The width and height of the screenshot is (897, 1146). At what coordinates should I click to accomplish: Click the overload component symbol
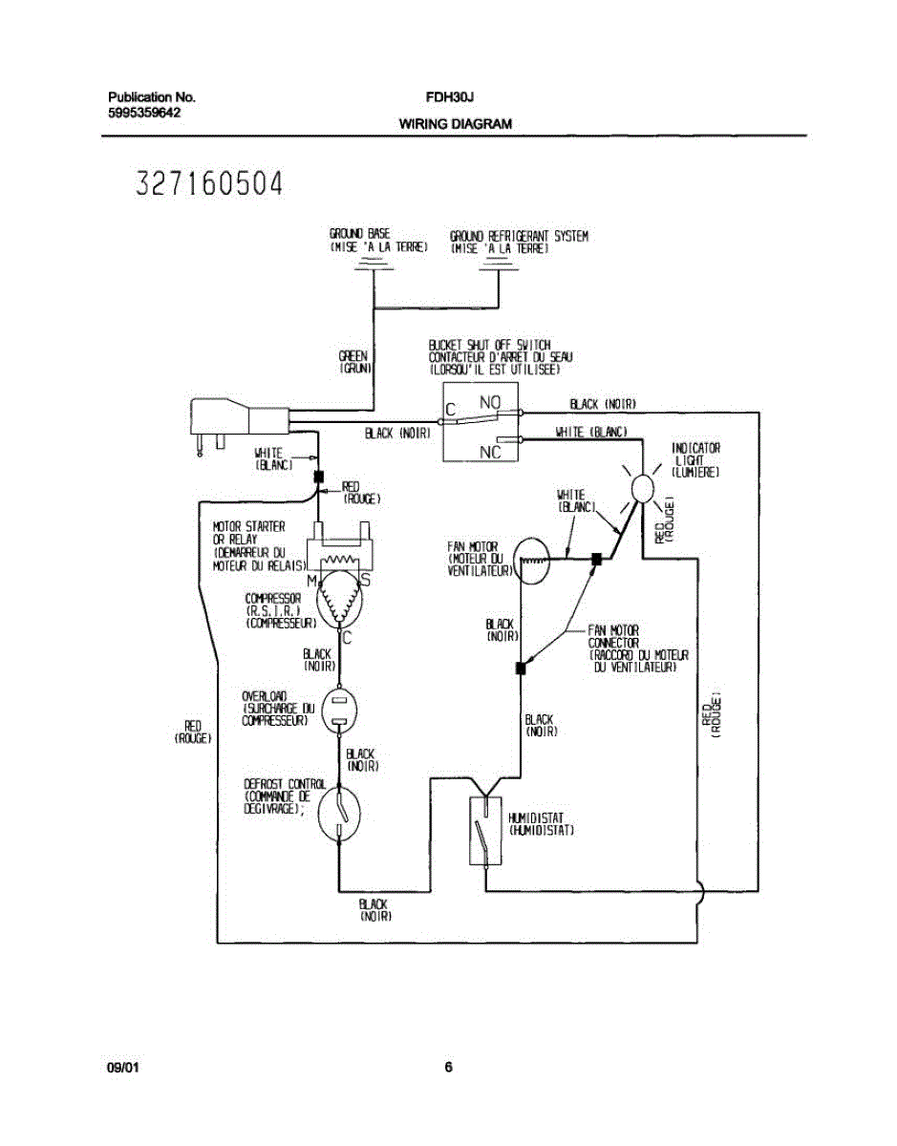(x=339, y=711)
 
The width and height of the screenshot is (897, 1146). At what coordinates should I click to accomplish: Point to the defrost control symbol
(x=339, y=812)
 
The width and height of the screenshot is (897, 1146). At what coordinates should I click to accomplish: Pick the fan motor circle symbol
(x=530, y=562)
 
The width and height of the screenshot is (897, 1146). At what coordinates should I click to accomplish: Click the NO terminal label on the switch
(x=489, y=404)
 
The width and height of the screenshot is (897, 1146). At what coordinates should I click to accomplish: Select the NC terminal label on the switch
(x=489, y=452)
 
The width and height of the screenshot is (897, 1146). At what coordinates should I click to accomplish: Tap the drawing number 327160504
(x=210, y=183)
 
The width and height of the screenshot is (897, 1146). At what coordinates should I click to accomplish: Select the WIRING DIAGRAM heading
(x=455, y=124)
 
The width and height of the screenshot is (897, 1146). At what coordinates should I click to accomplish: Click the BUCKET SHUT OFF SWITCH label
(x=489, y=345)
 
